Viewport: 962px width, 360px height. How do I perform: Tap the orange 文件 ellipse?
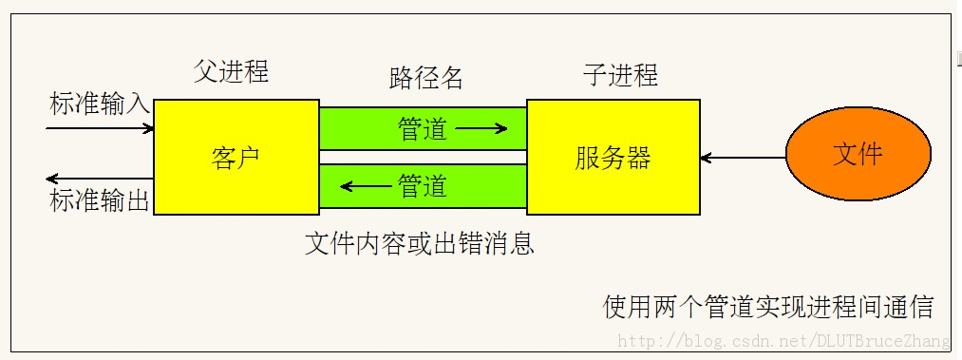[858, 155]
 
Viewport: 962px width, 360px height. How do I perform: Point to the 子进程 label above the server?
[619, 75]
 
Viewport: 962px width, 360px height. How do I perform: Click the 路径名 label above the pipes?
[426, 78]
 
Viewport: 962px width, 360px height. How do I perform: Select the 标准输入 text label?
[100, 104]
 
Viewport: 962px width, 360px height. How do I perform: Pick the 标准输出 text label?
[100, 200]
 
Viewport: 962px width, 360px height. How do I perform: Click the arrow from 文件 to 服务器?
[744, 156]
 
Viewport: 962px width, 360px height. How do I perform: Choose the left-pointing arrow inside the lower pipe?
[365, 186]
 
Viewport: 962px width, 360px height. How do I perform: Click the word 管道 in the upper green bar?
[423, 129]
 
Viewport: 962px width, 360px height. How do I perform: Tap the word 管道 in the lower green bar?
[423, 186]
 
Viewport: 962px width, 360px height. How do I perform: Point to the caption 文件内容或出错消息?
[420, 244]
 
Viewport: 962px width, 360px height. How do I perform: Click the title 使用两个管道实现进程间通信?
[768, 307]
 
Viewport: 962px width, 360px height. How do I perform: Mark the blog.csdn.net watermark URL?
[783, 341]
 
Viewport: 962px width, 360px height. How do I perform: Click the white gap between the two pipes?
[423, 157]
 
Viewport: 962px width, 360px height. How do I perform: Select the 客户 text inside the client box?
[236, 158]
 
